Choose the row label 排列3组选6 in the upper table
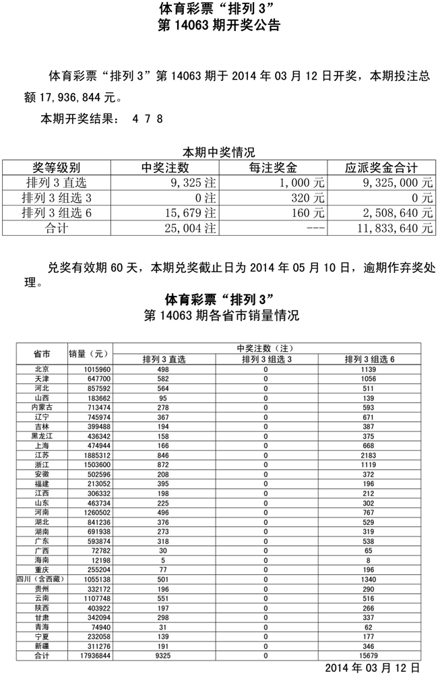pyautogui.click(x=57, y=213)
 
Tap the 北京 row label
pyautogui.click(x=42, y=369)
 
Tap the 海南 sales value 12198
pyautogui.click(x=85, y=559)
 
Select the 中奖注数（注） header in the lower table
pyautogui.click(x=265, y=348)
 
